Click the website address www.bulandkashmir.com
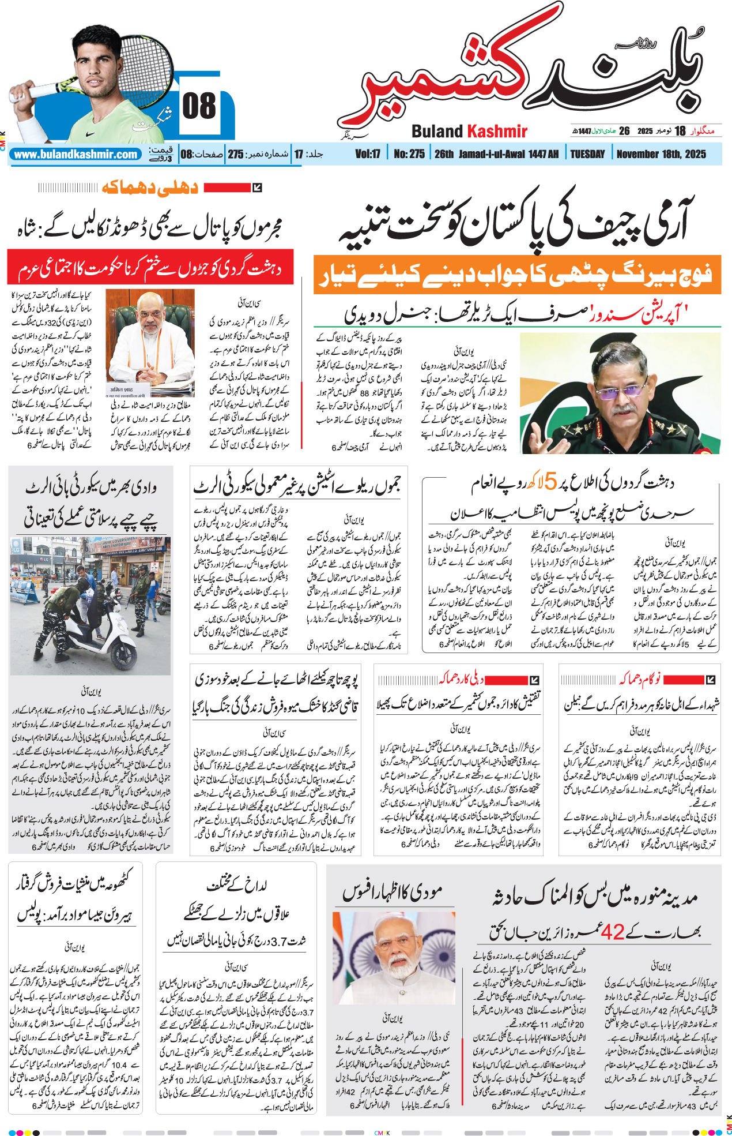pos(76,155)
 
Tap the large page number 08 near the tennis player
pos(199,107)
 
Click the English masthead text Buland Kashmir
pos(469,132)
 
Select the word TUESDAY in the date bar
pos(587,154)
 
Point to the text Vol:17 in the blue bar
pos(368,154)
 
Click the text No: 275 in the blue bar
pos(409,154)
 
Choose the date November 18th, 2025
pos(661,154)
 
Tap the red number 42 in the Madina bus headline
pos(612,931)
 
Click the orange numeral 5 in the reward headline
pos(550,482)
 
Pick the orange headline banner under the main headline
pos(517,275)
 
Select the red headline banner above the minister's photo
pos(150,267)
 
